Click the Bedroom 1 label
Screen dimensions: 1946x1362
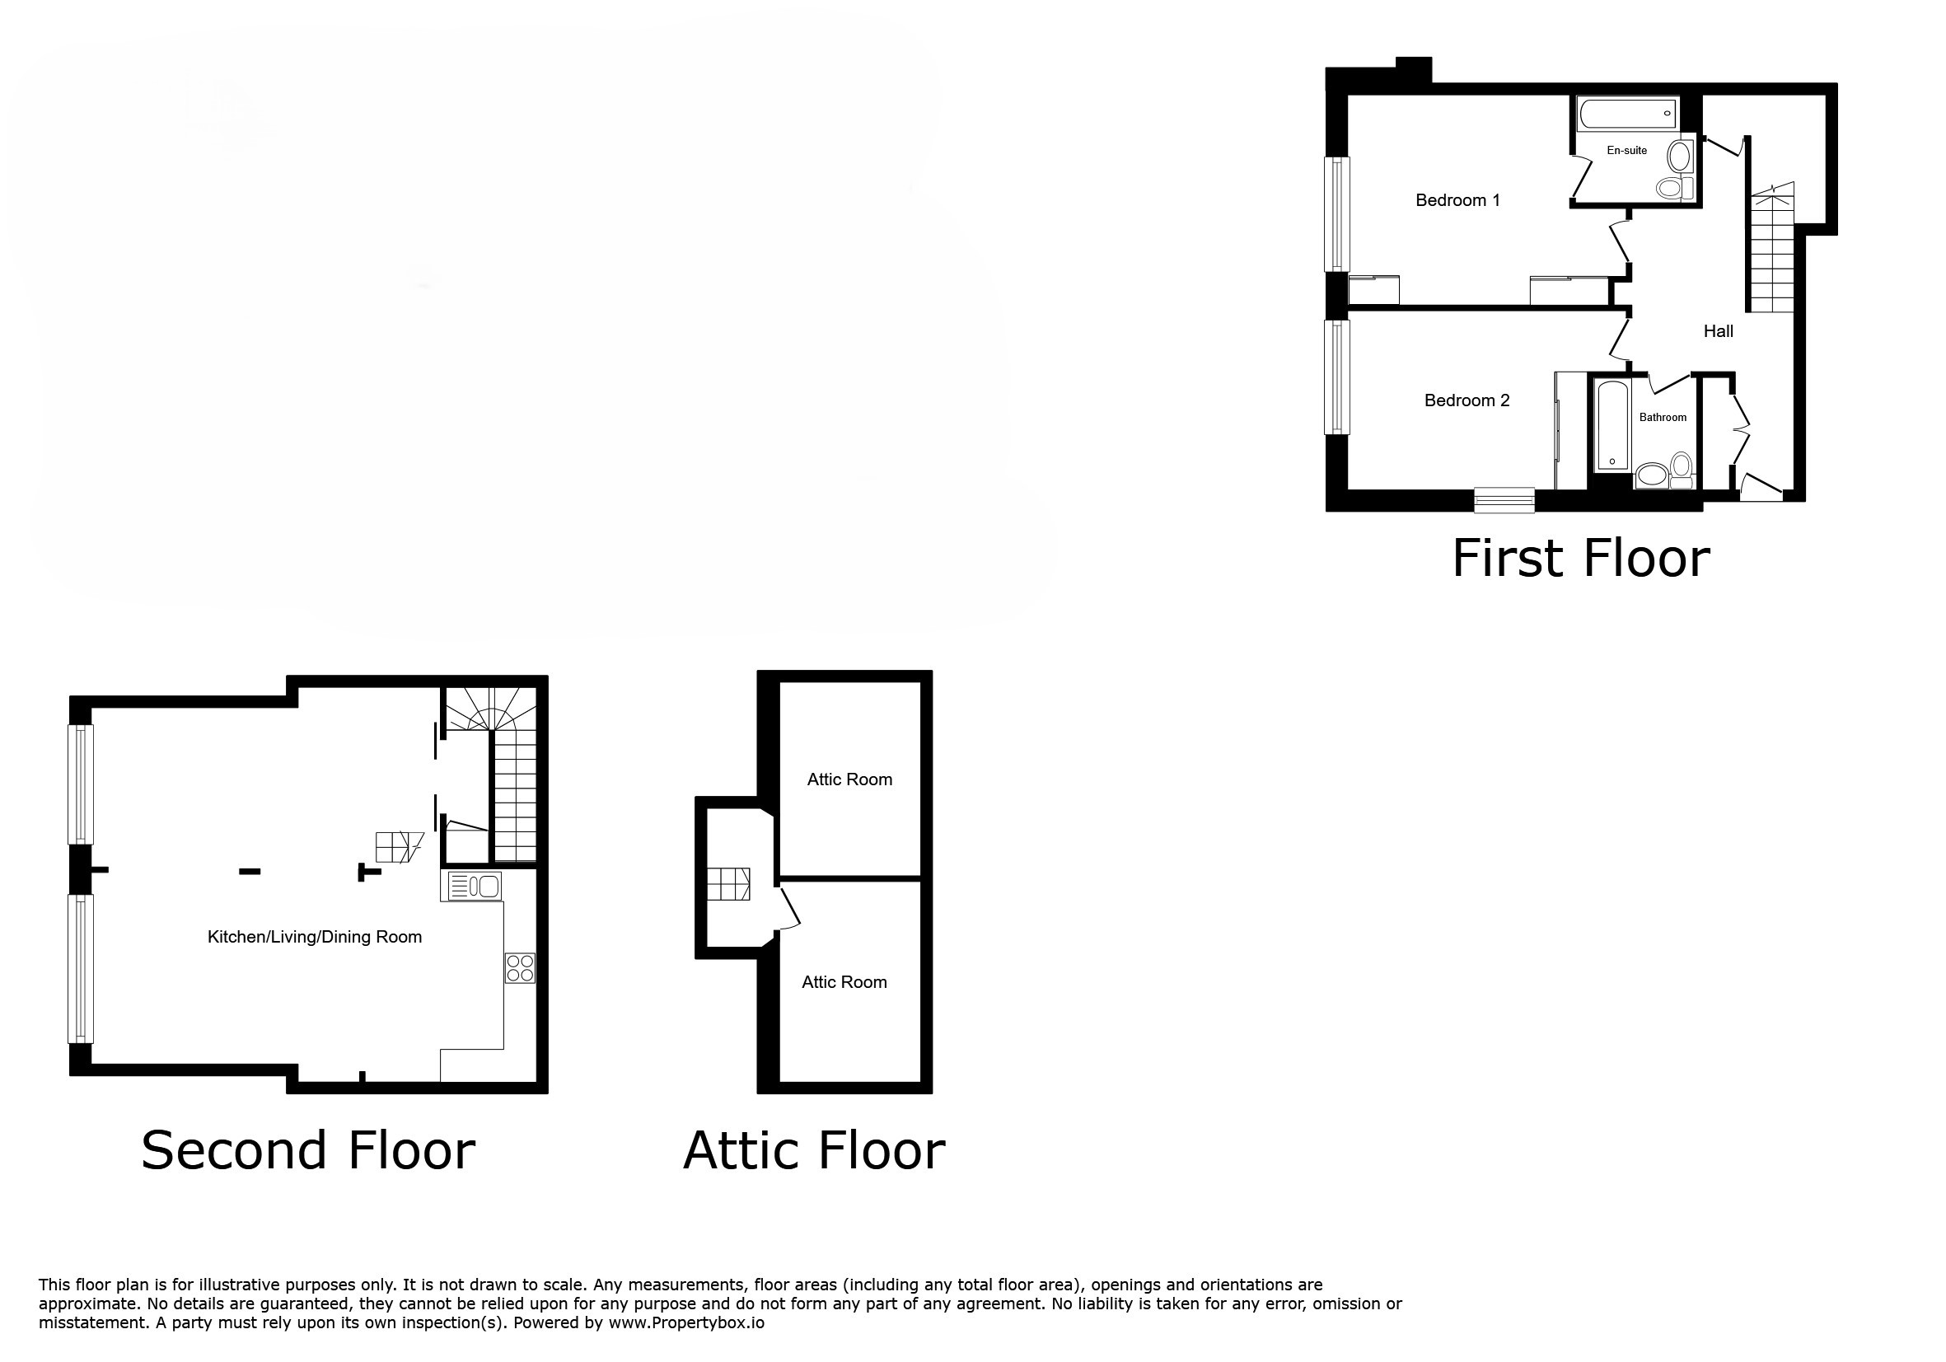point(1457,200)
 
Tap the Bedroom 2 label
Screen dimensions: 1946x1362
point(1467,400)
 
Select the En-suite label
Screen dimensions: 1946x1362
point(1626,150)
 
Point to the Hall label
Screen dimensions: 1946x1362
point(1718,331)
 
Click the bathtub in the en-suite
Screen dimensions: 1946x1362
point(1627,114)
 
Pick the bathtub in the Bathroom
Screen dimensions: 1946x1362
point(1612,424)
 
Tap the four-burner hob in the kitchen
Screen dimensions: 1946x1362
point(521,968)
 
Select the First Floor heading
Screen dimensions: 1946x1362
point(1581,559)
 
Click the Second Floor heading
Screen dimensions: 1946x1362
point(307,1150)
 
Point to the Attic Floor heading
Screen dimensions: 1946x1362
point(814,1150)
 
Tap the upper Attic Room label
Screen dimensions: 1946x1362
point(849,779)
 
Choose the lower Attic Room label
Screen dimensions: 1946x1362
point(844,982)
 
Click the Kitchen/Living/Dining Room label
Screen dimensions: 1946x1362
point(315,937)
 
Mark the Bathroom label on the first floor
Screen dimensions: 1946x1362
point(1662,417)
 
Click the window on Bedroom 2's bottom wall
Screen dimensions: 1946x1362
point(1504,500)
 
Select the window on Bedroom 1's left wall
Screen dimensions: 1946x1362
point(1337,214)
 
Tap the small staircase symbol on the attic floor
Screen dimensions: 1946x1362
point(728,883)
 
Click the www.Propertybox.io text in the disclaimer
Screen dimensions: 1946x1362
point(685,1323)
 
